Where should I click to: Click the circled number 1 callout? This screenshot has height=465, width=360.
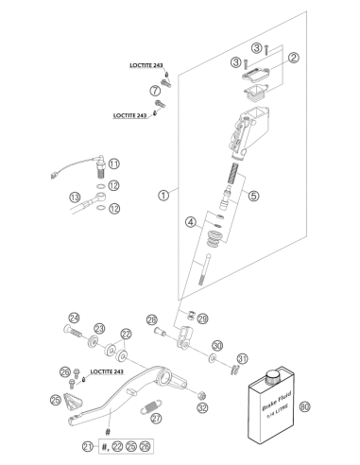[x=163, y=196]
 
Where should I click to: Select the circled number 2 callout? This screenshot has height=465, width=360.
[x=294, y=58]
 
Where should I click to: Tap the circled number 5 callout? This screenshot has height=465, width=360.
[x=253, y=196]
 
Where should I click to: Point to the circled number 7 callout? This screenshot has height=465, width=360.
[x=155, y=91]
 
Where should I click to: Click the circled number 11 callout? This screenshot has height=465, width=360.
[x=114, y=164]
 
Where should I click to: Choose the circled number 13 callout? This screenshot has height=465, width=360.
[x=75, y=198]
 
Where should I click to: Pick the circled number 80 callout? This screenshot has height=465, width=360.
[x=304, y=406]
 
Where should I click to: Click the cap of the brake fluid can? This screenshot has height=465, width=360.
[x=273, y=376]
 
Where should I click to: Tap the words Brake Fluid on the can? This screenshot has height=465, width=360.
[x=277, y=401]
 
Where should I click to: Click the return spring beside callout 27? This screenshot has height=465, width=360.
[x=151, y=406]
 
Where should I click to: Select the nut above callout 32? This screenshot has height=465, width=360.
[x=202, y=395]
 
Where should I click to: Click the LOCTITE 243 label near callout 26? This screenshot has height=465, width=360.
[x=107, y=371]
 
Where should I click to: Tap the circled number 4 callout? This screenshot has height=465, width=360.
[x=191, y=222]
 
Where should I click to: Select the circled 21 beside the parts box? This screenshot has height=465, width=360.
[x=88, y=446]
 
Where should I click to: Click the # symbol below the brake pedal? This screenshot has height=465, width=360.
[x=108, y=432]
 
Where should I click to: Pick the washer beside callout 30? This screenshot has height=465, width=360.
[x=213, y=357]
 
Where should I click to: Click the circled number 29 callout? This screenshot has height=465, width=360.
[x=203, y=319]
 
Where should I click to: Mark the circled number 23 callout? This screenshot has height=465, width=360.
[x=100, y=329]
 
